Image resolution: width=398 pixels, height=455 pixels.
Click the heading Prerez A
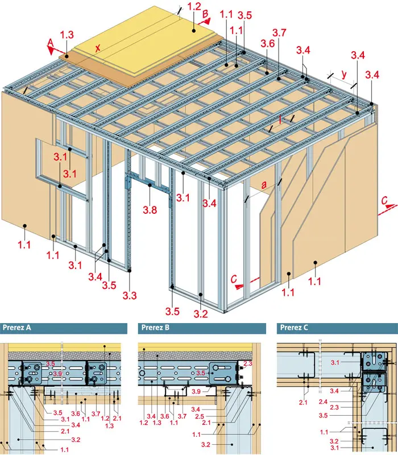pos(16,328)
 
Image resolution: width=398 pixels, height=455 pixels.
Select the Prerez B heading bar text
pos(155,328)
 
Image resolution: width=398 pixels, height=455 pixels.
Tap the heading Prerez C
pos(294,328)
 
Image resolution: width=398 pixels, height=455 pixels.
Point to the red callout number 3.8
pos(150,209)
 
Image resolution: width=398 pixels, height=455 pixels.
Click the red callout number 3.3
pos(130,295)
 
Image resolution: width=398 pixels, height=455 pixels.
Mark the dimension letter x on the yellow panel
pos(98,47)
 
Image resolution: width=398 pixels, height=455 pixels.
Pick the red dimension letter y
pos(344,75)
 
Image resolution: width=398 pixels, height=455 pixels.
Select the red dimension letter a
pos(264,185)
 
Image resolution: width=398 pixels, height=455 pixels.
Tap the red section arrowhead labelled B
pos(206,21)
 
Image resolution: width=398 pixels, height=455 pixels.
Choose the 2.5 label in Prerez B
pos(200,416)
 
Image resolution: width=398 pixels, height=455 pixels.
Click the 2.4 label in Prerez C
pos(323,402)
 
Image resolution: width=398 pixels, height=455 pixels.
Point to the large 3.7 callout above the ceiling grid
pos(279,33)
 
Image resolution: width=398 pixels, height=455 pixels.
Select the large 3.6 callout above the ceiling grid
pos(267,44)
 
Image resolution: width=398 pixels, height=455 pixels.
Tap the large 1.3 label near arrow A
pos(67,35)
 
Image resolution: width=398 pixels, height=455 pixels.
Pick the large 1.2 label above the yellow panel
pos(194,7)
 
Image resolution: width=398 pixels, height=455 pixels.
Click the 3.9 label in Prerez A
pos(57,374)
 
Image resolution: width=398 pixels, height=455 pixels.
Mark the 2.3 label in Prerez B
pos(248,363)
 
